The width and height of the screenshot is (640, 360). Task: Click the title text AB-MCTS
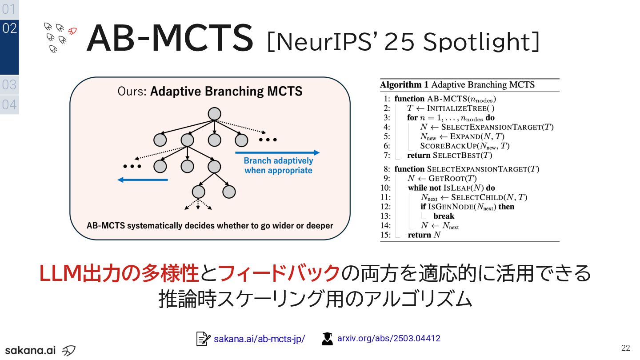(x=170, y=38)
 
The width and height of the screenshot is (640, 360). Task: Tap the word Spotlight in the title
(x=481, y=42)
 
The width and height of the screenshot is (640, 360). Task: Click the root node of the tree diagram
(x=214, y=114)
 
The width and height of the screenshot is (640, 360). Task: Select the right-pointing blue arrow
(x=277, y=152)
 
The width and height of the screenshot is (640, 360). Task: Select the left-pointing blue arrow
(x=143, y=180)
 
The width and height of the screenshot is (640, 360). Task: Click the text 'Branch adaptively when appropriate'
(x=278, y=165)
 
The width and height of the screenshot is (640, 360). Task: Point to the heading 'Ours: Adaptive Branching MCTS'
(x=210, y=92)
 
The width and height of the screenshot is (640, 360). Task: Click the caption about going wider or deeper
(x=210, y=225)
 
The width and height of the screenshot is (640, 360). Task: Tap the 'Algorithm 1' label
(x=404, y=85)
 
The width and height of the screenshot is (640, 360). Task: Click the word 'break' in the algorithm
(x=444, y=216)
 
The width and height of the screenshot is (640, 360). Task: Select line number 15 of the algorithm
(x=385, y=235)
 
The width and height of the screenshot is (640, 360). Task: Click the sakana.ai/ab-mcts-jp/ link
(x=259, y=339)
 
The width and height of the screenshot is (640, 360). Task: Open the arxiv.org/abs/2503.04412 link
(x=388, y=338)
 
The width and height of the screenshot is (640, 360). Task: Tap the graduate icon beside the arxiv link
(x=327, y=339)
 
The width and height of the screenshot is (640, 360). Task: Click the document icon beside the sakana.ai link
(x=203, y=339)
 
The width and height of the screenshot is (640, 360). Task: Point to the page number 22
(x=626, y=348)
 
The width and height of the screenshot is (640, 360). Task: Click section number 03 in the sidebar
(x=9, y=84)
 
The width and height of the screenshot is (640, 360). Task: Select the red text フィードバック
(x=279, y=273)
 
